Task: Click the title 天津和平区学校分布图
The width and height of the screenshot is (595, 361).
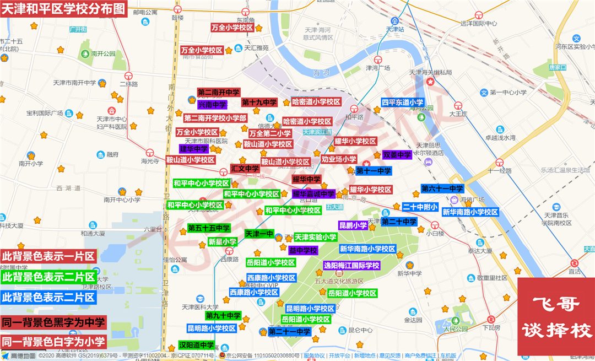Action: (64, 9)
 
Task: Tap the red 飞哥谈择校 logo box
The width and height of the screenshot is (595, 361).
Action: (556, 316)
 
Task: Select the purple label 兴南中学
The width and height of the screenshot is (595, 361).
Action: (212, 104)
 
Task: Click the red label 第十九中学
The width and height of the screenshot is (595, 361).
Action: (259, 102)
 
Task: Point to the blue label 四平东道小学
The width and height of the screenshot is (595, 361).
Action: (403, 103)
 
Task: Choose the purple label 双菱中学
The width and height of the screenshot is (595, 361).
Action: (397, 155)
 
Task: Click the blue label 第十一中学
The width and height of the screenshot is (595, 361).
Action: (374, 171)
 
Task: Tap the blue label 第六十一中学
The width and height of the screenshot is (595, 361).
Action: (442, 188)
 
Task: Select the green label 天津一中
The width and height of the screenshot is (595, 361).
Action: (259, 234)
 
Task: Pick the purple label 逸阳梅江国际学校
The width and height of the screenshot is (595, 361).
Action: (351, 266)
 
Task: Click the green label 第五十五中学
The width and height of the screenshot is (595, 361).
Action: (208, 228)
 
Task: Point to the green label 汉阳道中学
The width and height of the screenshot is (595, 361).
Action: (196, 345)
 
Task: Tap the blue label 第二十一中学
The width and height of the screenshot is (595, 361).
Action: (289, 332)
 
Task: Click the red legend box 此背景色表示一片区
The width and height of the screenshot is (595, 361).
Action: (48, 256)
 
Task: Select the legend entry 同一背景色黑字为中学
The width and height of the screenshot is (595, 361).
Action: (53, 322)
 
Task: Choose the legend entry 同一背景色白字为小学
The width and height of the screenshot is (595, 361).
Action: (53, 342)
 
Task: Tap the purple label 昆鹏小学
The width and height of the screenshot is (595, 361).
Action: (353, 225)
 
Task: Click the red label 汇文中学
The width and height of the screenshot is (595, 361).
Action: (245, 169)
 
